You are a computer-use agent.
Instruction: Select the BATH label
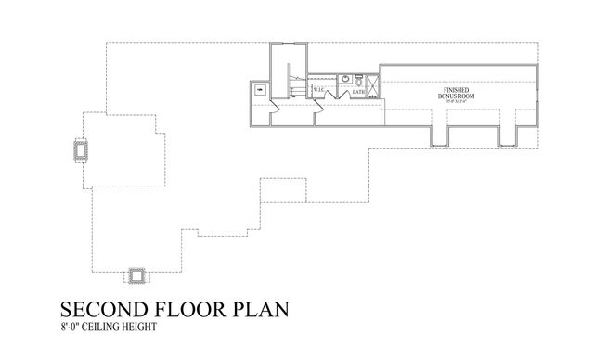pos(357,92)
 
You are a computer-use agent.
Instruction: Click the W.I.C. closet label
pos(317,90)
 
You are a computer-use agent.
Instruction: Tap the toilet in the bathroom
pos(358,81)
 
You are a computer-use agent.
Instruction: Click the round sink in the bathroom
pos(343,79)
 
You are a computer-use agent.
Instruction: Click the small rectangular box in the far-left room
pos(259,91)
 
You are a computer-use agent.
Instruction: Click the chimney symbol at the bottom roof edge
pos(138,276)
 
